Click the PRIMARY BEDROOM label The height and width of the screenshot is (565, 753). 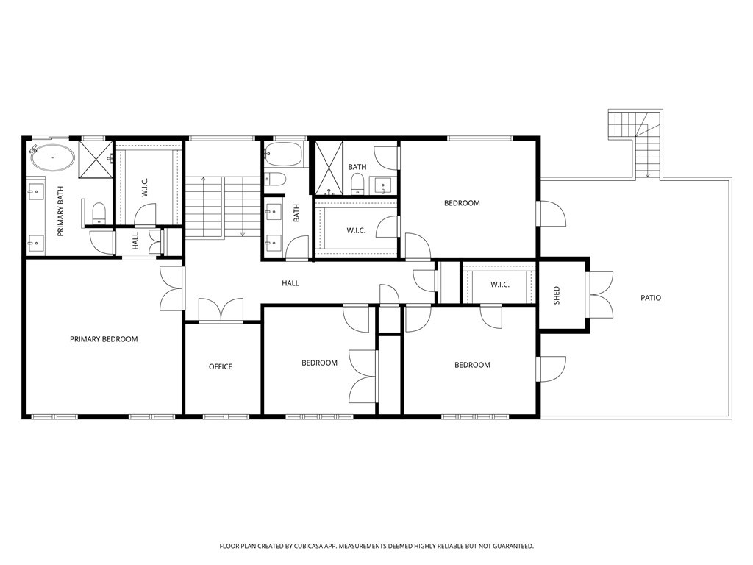[104, 339]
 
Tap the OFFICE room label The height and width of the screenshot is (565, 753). [221, 366]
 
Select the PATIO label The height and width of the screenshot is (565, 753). [651, 298]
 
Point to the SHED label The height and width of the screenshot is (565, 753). [557, 296]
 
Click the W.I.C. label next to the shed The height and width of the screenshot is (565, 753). [500, 285]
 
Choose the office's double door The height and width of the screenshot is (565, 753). [221, 310]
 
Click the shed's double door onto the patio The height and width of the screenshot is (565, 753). [599, 294]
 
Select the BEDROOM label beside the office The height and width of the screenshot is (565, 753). [319, 363]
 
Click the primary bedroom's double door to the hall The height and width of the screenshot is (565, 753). [172, 288]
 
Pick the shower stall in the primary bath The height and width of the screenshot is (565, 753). [95, 158]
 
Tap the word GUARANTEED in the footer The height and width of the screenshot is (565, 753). [512, 547]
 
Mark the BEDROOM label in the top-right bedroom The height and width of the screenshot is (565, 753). [462, 203]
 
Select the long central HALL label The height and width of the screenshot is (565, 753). [290, 283]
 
